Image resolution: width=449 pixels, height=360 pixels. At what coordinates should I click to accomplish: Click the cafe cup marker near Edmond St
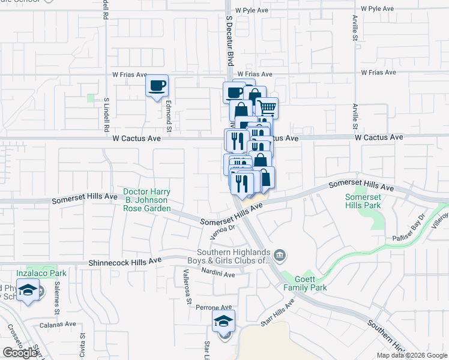tap(157, 86)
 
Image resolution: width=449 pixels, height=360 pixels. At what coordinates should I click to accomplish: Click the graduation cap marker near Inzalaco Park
tap(26, 292)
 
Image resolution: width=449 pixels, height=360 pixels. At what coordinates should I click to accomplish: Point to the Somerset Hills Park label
tap(363, 201)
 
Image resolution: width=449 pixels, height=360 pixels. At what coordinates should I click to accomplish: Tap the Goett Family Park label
tap(310, 283)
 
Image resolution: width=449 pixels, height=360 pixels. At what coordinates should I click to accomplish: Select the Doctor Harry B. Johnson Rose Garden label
tap(147, 200)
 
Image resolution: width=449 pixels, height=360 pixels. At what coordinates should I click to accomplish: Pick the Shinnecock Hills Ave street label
tap(125, 262)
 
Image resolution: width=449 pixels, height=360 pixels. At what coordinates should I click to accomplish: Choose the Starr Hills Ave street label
tap(277, 313)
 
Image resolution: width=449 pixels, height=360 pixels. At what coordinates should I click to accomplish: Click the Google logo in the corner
tap(20, 353)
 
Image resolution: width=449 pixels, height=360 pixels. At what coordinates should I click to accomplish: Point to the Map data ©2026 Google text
tap(411, 355)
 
